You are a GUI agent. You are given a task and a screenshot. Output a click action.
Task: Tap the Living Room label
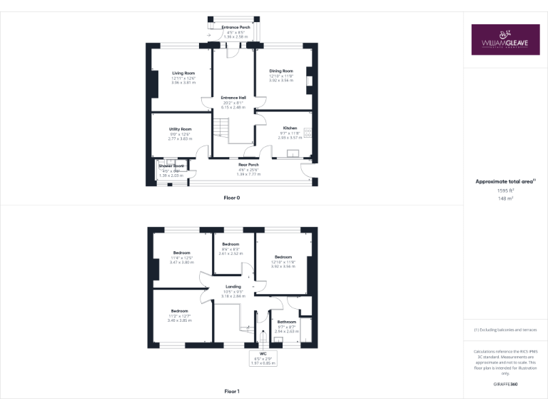point(183,73)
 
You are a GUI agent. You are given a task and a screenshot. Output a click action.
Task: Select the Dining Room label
point(281,71)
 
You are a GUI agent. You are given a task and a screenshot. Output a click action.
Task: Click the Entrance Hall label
point(233,98)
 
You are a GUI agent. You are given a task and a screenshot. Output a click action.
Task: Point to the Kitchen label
point(290,128)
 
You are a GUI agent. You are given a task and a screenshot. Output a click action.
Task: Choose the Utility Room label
point(181,129)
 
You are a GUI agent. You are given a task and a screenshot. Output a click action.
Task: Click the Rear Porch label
point(248,165)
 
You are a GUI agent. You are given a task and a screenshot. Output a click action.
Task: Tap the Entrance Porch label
point(230,27)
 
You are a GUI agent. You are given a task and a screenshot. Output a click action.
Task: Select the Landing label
point(233,288)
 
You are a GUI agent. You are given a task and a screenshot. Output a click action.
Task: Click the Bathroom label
point(287,322)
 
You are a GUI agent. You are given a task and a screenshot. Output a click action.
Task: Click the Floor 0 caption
point(232,197)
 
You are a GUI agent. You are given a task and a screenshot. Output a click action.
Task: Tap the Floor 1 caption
point(232,391)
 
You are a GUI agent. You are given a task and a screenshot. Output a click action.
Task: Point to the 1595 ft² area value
point(505,191)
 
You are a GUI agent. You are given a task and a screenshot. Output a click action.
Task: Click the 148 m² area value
point(505,199)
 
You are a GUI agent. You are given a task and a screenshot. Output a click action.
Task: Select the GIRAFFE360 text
point(505,385)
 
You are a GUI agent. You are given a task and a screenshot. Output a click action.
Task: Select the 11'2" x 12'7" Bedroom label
point(179,311)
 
